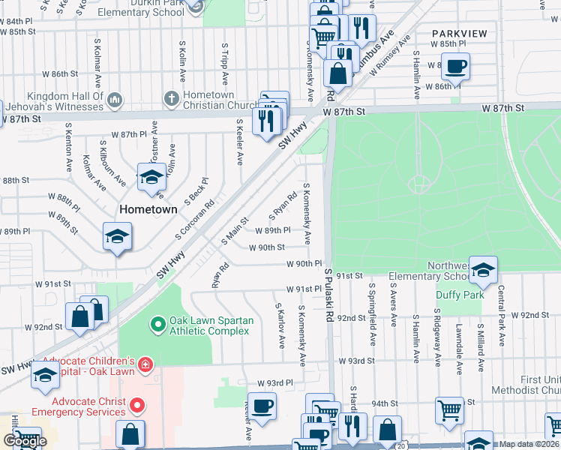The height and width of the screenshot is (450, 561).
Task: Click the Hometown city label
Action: pos(150,209)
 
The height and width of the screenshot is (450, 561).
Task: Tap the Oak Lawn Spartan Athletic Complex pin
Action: pos(157,325)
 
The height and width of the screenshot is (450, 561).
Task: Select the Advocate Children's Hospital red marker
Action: pos(145,366)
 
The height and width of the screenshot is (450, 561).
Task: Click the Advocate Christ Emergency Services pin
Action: pos(136,406)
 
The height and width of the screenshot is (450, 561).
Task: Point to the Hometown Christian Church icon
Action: pos(171,98)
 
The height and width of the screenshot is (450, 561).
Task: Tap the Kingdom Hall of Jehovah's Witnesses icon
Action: pos(115,99)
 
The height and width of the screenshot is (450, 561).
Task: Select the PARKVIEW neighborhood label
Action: pos(459,34)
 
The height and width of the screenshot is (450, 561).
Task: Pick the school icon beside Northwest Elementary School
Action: pos(484,269)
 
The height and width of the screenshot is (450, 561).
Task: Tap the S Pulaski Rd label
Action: pos(328,297)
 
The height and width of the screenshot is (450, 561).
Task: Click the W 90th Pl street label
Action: pos(304,264)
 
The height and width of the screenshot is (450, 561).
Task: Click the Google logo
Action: pos(25,441)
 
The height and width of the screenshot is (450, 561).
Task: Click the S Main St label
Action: pos(234,232)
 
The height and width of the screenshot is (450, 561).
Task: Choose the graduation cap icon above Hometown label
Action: pos(151,178)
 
